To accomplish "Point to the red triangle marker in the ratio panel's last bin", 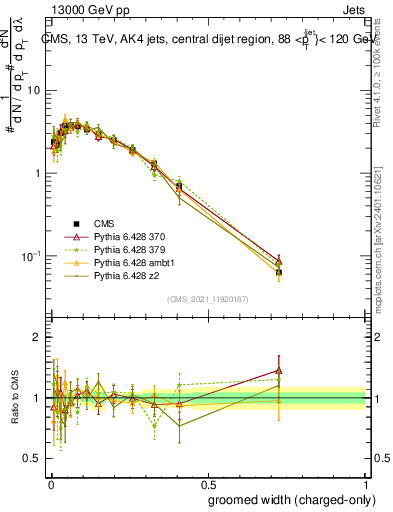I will click(x=279, y=371).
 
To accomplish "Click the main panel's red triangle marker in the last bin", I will click(x=279, y=259).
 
